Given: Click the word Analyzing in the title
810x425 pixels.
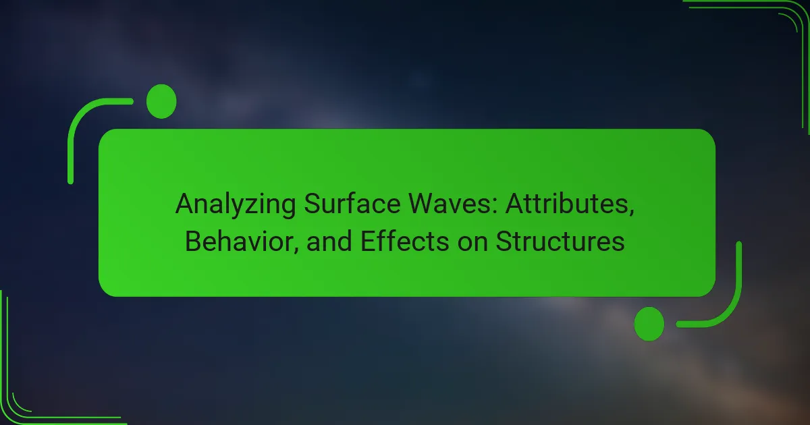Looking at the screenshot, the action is [x=236, y=205].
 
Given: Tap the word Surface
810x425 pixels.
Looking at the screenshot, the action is [x=352, y=204].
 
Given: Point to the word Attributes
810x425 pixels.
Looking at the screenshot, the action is [x=570, y=204].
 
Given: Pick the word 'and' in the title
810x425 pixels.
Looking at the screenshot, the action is [x=329, y=242].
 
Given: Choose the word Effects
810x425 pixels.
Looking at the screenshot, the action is [x=404, y=241].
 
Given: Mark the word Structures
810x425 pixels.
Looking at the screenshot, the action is [x=560, y=241].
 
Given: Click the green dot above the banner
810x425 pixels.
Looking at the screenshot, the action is [x=161, y=101].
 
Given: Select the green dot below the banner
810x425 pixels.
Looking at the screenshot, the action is [x=649, y=324].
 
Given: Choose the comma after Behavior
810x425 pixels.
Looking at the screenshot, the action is [x=296, y=250].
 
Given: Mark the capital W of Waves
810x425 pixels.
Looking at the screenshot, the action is [x=422, y=204].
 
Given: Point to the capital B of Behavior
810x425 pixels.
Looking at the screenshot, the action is [x=193, y=241].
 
